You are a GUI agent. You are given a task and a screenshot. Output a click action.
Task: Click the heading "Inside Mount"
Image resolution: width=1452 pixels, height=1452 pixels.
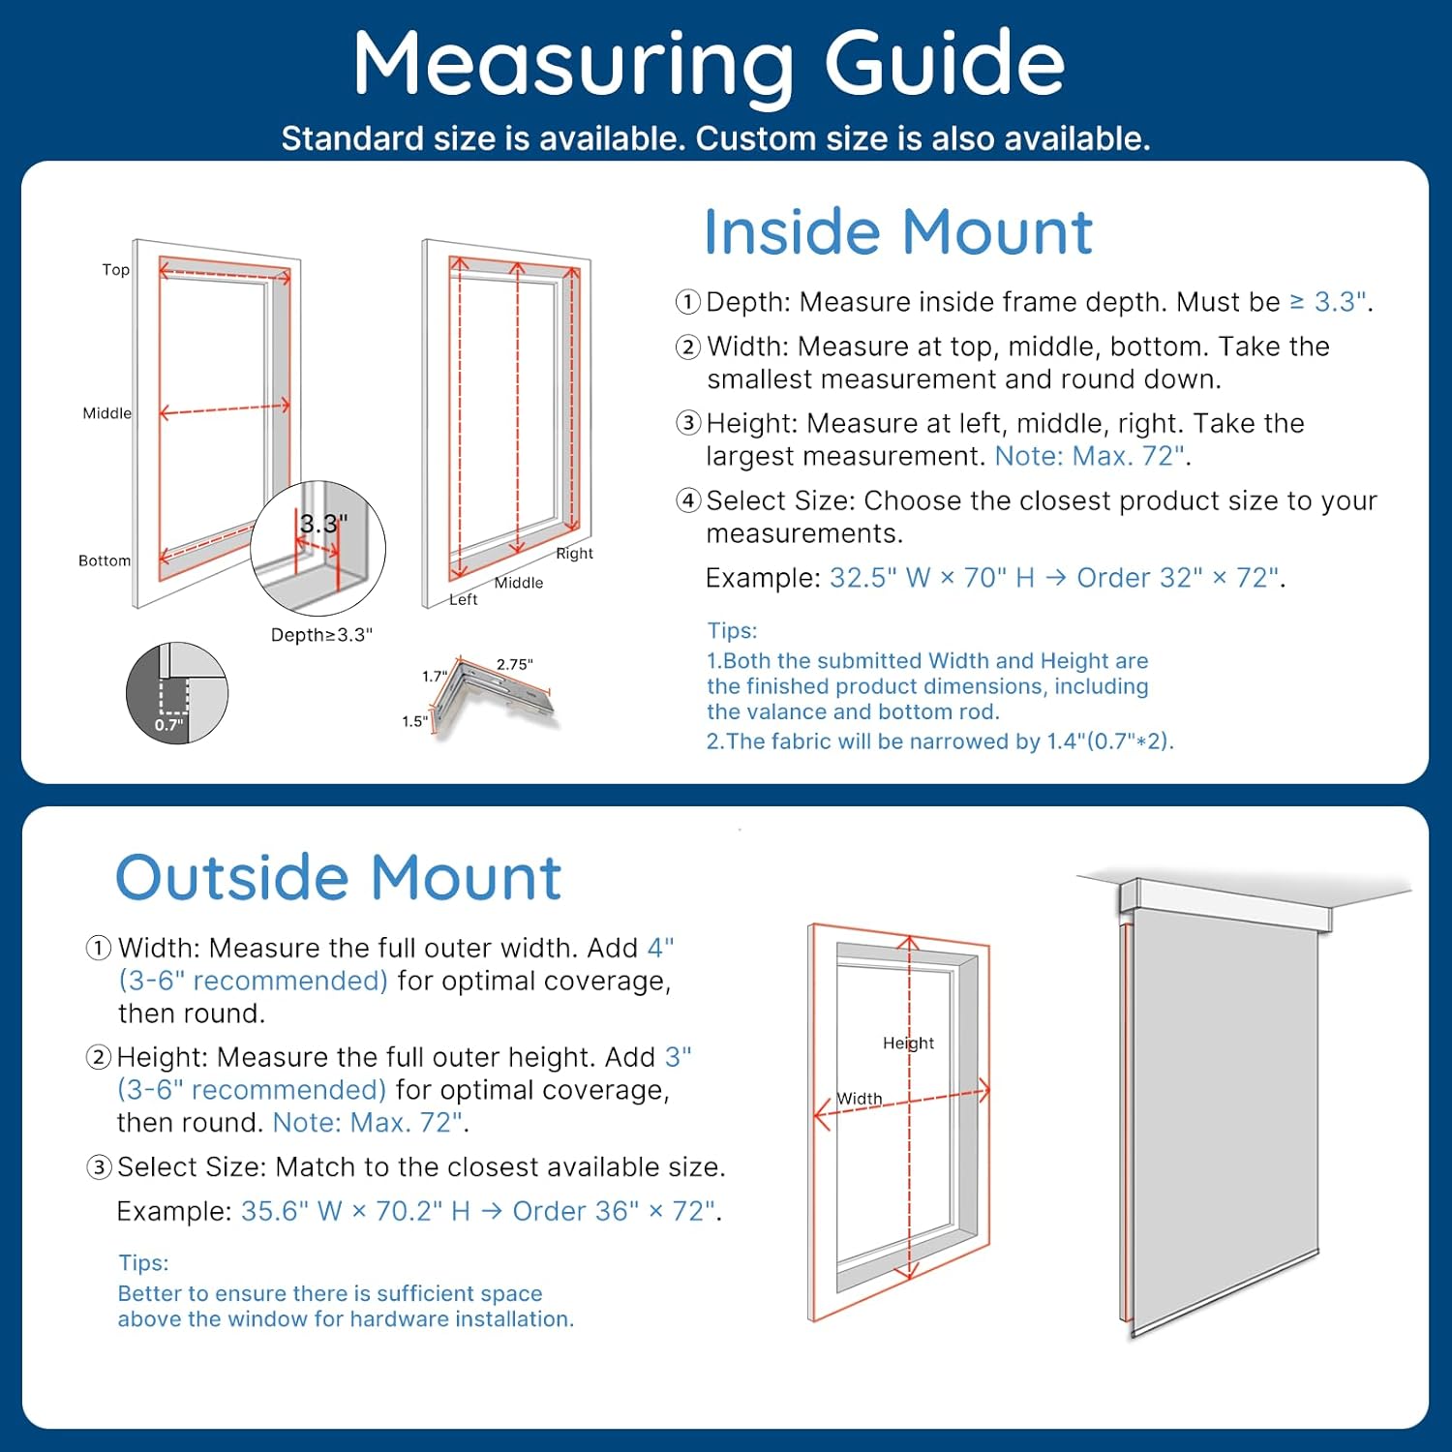click(897, 232)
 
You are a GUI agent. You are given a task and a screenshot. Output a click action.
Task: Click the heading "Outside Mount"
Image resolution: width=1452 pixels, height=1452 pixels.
click(338, 878)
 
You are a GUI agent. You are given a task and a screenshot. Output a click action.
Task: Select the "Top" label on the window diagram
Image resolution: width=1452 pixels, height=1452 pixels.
click(116, 270)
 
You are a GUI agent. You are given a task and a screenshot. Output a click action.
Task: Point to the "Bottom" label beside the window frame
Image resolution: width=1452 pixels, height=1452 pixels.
click(105, 560)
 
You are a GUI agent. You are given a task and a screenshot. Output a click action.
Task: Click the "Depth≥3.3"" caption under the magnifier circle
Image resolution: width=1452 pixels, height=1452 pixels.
click(321, 635)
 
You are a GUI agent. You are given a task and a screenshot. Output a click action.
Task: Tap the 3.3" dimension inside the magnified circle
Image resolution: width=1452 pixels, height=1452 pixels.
click(323, 524)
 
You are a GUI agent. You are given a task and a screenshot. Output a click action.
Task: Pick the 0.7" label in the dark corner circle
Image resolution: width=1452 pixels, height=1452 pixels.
click(168, 725)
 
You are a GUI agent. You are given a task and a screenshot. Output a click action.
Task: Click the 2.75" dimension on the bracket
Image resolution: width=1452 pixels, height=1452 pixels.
click(514, 664)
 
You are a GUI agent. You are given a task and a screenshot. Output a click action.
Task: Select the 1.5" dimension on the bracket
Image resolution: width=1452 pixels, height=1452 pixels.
click(414, 721)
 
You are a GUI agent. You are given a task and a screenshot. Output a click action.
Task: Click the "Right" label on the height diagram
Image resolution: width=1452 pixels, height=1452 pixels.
click(574, 554)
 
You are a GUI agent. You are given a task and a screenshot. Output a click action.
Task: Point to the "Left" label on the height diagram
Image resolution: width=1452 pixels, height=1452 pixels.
click(463, 600)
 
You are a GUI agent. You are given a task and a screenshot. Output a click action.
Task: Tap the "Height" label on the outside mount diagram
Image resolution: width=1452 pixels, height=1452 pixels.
click(908, 1043)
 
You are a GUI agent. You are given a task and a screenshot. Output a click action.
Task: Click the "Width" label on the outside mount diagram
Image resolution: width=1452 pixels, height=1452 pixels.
click(860, 1099)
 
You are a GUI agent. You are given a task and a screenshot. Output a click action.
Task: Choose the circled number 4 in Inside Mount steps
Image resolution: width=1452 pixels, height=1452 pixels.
click(688, 500)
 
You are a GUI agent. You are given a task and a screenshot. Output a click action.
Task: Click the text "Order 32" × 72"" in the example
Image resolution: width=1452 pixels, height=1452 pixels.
click(1178, 578)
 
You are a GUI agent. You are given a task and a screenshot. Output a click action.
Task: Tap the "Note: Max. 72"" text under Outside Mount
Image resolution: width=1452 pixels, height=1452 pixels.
click(369, 1123)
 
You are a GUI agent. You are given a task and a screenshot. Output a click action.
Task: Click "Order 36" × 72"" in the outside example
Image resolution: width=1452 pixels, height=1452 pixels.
click(615, 1211)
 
